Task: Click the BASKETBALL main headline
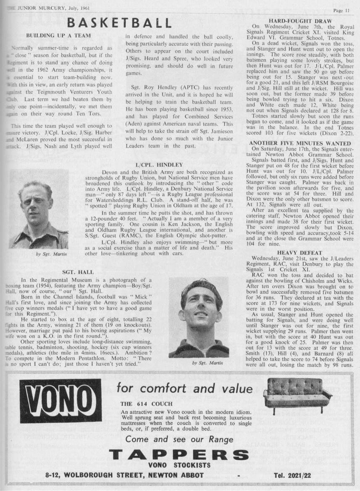point(114,22)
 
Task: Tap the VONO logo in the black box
point(60,401)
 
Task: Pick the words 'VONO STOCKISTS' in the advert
point(179,465)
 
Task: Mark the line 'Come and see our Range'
point(179,439)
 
